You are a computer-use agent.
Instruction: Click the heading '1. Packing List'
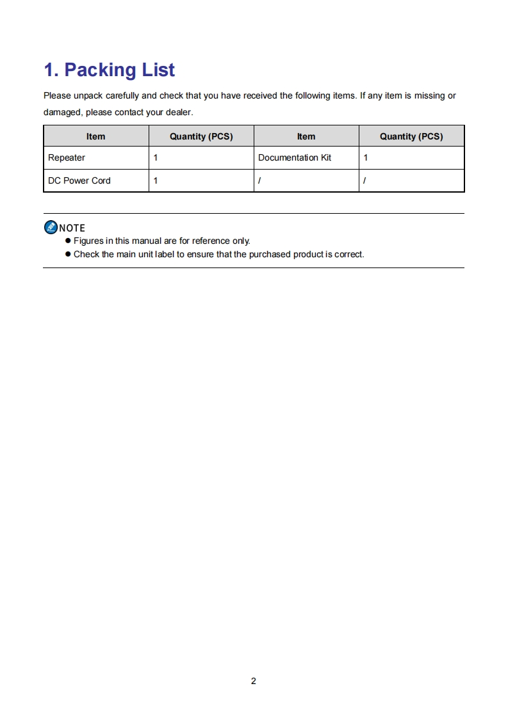pyautogui.click(x=109, y=70)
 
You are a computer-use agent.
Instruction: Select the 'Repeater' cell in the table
pyautogui.click(x=67, y=157)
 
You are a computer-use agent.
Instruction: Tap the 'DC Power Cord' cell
pyautogui.click(x=79, y=180)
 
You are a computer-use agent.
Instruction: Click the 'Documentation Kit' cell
pyautogui.click(x=295, y=157)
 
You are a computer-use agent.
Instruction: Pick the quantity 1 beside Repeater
pyautogui.click(x=156, y=157)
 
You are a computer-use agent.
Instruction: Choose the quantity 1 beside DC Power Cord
pyautogui.click(x=156, y=180)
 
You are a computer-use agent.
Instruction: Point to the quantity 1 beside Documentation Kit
pyautogui.click(x=366, y=157)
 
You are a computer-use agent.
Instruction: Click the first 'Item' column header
pyautogui.click(x=96, y=136)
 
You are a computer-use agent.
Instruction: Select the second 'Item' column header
pyautogui.click(x=306, y=136)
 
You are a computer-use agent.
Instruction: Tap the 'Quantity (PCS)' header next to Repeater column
pyautogui.click(x=201, y=136)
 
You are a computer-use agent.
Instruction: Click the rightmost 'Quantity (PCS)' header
pyautogui.click(x=411, y=136)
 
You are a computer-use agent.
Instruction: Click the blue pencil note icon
pyautogui.click(x=51, y=227)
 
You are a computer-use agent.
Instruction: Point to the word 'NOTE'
pyautogui.click(x=72, y=228)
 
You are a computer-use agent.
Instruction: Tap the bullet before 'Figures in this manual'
pyautogui.click(x=67, y=241)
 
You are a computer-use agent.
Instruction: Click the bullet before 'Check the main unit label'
pyautogui.click(x=67, y=254)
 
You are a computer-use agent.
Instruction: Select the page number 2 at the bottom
pyautogui.click(x=254, y=681)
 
